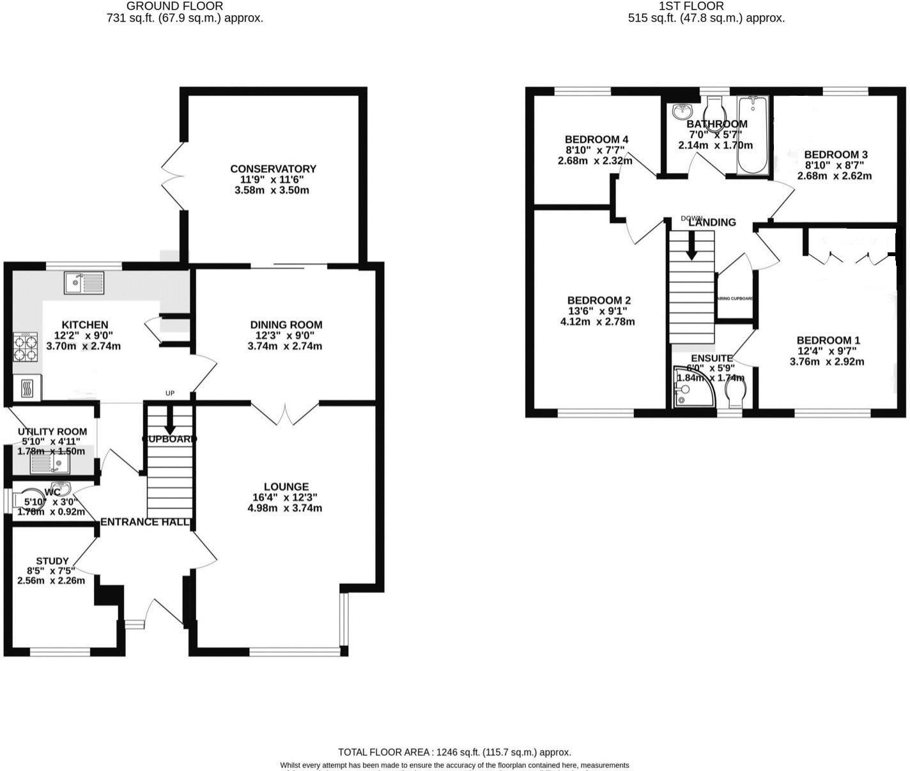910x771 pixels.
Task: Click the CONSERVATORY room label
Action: pos(273,169)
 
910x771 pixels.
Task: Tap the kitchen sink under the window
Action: pos(84,282)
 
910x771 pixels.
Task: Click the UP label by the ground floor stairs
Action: pos(170,393)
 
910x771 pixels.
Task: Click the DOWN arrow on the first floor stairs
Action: pos(691,246)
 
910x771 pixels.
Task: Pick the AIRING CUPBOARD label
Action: pos(735,298)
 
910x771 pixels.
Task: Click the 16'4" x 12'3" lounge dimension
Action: pos(285,498)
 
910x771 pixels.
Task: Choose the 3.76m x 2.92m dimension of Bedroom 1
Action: pos(827,362)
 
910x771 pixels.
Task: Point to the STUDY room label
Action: pos(52,561)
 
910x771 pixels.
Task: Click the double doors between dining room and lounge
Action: pos(284,414)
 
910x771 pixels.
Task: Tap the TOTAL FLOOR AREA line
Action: pos(454,752)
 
